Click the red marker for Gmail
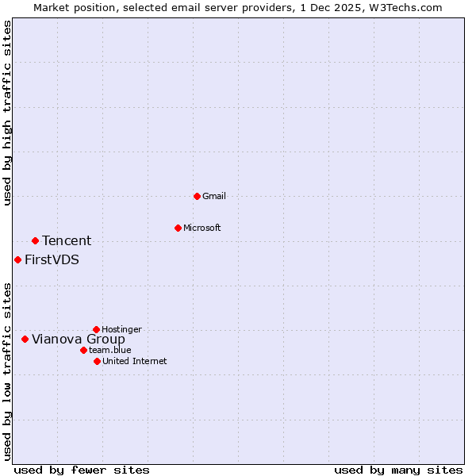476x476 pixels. (197, 196)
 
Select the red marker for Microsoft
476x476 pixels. (178, 228)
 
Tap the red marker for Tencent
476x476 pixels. (35, 240)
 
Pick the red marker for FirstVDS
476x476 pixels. (17, 259)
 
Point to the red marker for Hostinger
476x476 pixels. (96, 329)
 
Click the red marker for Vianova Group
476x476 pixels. (25, 339)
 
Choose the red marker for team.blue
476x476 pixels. (83, 350)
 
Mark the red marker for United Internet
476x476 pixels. (97, 361)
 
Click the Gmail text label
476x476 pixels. (214, 196)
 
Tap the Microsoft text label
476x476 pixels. (202, 228)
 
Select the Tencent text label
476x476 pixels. (67, 240)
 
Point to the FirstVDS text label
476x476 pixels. (52, 259)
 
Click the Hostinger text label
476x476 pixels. (121, 329)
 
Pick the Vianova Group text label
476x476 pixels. (78, 339)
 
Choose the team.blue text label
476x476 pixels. (110, 350)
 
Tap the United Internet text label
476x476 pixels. (135, 361)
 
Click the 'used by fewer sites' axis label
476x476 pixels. (82, 470)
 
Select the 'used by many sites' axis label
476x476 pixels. (398, 470)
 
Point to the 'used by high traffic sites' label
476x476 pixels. (8, 113)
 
